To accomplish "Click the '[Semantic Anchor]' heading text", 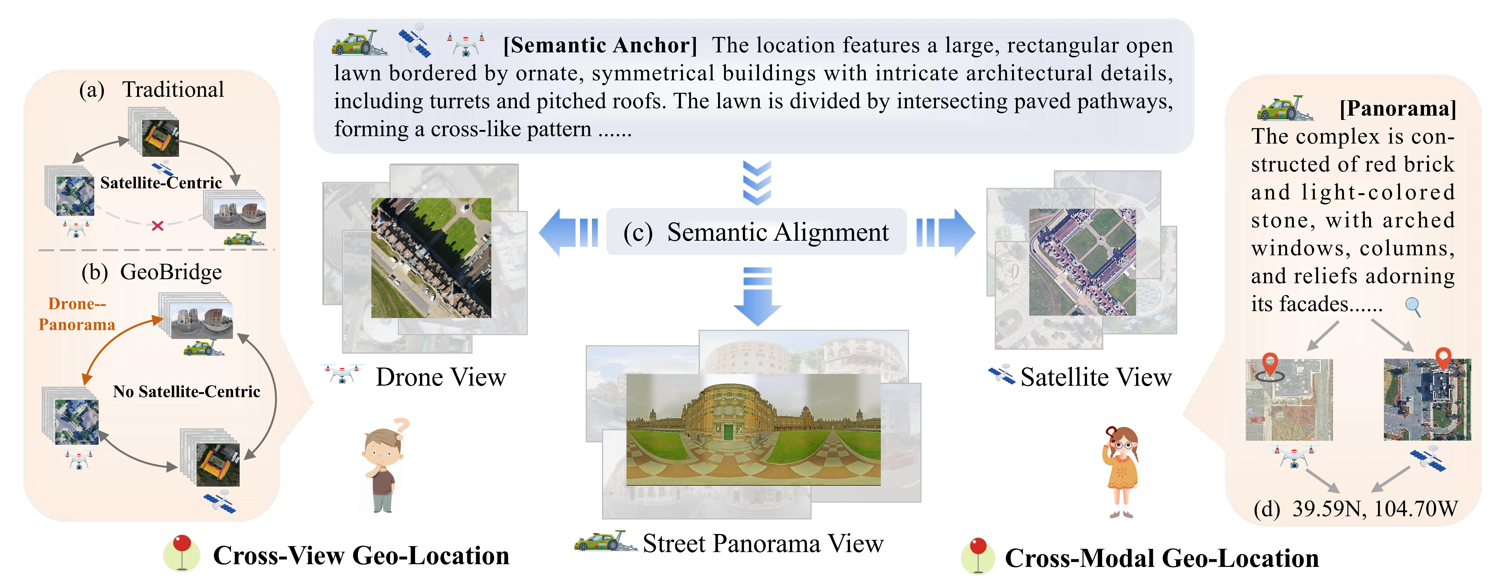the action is (600, 45).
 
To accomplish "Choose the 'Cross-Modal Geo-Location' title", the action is (1162, 558).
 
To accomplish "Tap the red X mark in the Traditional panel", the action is (157, 225).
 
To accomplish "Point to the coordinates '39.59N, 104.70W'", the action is (1375, 509).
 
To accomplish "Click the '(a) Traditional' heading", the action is (152, 89).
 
